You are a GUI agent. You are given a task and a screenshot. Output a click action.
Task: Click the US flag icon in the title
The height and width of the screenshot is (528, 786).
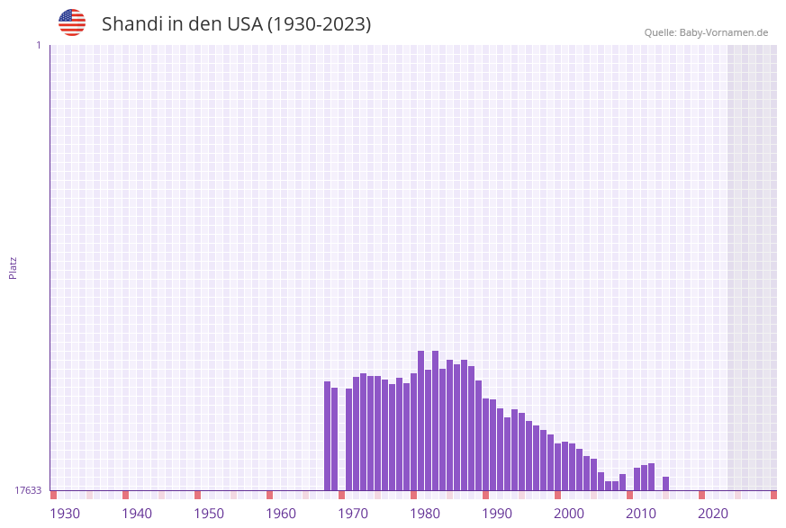tap(72, 22)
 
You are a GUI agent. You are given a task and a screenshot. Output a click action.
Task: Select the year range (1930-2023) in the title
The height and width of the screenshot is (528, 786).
tap(319, 24)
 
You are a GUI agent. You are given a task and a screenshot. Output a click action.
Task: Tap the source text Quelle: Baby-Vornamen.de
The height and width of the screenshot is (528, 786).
tap(706, 32)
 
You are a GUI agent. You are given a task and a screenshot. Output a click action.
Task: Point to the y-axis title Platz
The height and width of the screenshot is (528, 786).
tap(13, 267)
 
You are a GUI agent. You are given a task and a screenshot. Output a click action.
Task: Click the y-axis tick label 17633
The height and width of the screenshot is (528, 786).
tap(28, 490)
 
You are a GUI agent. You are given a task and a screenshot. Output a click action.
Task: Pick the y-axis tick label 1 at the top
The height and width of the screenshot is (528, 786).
tap(38, 45)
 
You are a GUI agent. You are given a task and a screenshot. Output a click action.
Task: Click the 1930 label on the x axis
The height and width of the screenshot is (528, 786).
tap(65, 514)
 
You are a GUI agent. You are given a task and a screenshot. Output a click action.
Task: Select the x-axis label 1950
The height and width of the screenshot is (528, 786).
tap(209, 514)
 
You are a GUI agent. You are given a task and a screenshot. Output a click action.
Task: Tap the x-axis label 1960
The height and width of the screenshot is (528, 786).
tap(281, 514)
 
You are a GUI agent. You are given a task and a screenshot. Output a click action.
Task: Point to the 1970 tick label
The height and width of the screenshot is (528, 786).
tap(353, 514)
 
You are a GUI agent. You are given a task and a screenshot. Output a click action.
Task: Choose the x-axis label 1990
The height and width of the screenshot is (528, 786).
tap(497, 514)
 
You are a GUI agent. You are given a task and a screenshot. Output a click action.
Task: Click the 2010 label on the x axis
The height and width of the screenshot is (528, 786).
tap(641, 514)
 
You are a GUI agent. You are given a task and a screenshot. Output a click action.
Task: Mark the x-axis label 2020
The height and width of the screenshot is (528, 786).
tap(713, 514)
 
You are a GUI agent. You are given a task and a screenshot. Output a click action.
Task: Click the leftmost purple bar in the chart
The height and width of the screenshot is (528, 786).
tap(328, 436)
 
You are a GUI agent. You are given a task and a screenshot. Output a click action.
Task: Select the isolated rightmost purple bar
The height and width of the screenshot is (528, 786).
tap(666, 483)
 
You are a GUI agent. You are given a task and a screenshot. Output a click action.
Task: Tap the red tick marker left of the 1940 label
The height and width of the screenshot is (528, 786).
tap(126, 495)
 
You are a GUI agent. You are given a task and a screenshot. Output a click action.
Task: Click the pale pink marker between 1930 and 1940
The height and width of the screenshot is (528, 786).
tap(90, 495)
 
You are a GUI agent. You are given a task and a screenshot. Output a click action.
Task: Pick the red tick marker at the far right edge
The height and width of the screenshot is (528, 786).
tap(773, 495)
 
